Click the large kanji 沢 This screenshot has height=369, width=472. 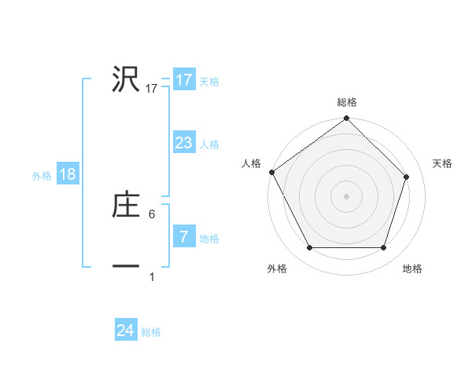[x=126, y=79]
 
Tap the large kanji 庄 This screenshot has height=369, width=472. [x=126, y=205]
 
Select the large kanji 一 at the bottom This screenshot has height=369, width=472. [x=126, y=267]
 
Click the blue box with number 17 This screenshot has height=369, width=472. [x=183, y=80]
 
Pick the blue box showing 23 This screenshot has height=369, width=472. [x=183, y=143]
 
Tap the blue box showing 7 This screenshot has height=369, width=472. [x=183, y=237]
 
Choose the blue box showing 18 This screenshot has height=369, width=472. [x=68, y=174]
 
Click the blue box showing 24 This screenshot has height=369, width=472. [x=125, y=331]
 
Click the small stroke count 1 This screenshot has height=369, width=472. [x=153, y=276]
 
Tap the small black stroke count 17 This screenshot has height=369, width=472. [x=152, y=89]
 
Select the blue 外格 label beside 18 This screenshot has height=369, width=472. [x=42, y=176]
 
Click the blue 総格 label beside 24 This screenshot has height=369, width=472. [x=151, y=332]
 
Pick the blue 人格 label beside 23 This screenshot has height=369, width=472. [x=209, y=144]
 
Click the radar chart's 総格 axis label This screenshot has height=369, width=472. [x=347, y=102]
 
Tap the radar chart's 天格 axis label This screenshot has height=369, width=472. [x=443, y=163]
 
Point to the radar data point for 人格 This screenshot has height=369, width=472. [x=271, y=172]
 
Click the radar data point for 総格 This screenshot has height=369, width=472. [x=347, y=119]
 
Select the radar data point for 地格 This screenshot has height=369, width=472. [x=383, y=248]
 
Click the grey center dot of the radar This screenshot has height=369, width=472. [x=347, y=195]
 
